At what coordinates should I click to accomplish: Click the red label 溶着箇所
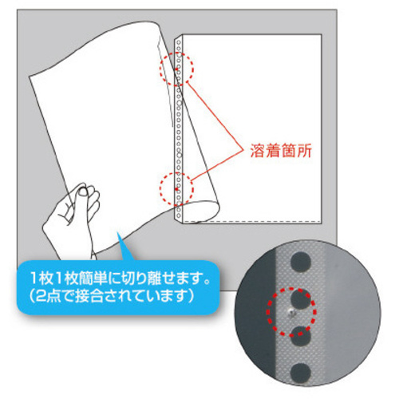(x=281, y=151)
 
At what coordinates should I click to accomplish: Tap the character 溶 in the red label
(x=257, y=151)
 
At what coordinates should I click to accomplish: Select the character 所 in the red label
(x=304, y=151)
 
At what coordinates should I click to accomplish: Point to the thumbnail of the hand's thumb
(x=83, y=192)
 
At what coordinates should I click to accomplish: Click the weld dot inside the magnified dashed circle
(x=291, y=312)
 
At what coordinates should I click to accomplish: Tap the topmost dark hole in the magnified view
(x=301, y=261)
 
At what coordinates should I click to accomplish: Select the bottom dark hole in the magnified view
(x=301, y=372)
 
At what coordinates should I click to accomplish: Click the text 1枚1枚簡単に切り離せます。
(x=120, y=278)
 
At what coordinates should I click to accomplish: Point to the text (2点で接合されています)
(x=112, y=296)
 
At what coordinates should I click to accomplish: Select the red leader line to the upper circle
(x=215, y=117)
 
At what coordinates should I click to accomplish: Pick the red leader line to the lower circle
(x=217, y=166)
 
